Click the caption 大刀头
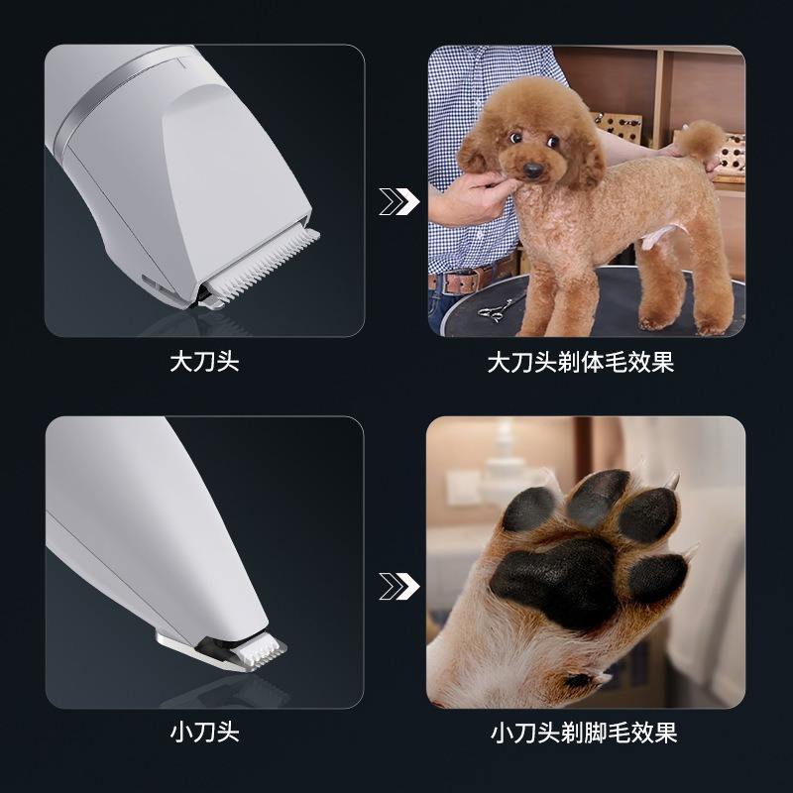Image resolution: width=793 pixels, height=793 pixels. tap(204, 362)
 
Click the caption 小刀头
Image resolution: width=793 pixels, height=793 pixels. tap(204, 732)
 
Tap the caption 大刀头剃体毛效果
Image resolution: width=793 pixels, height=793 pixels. tap(581, 362)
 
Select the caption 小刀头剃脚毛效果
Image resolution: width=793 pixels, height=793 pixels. tap(584, 733)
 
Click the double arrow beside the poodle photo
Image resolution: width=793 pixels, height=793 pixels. tap(399, 202)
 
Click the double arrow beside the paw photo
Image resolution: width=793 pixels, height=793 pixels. tap(399, 586)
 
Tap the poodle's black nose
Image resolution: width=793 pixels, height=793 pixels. tap(533, 170)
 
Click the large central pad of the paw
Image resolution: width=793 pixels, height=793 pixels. tap(554, 582)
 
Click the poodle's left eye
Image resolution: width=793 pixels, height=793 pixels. tap(515, 137)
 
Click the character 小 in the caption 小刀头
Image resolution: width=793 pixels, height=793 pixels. tap(181, 732)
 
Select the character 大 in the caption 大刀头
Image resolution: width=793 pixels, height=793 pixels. tap(181, 362)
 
